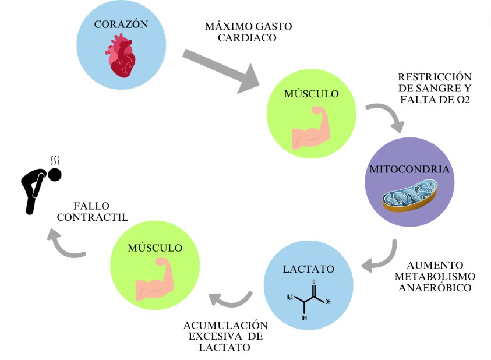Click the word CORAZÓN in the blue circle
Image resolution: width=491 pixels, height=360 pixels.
coord(121,24)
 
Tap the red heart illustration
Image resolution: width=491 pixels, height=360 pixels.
coord(122,55)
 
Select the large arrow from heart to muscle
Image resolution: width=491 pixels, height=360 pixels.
coord(221,71)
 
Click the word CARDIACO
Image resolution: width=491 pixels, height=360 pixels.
coord(247,38)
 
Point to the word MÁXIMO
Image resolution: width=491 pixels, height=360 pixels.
coord(225,27)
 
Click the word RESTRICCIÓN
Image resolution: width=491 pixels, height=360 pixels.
coord(435,77)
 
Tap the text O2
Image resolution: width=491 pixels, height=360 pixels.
coord(463,100)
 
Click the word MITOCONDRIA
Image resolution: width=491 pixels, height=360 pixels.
coord(409,170)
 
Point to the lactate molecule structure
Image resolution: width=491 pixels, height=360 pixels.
coord(309,299)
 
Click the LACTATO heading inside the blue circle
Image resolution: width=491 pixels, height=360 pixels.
coord(309,269)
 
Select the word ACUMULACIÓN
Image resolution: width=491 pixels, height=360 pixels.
coord(225,325)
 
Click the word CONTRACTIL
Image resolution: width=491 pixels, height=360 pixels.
coord(92,217)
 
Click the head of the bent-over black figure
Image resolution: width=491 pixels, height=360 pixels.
coord(55,174)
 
